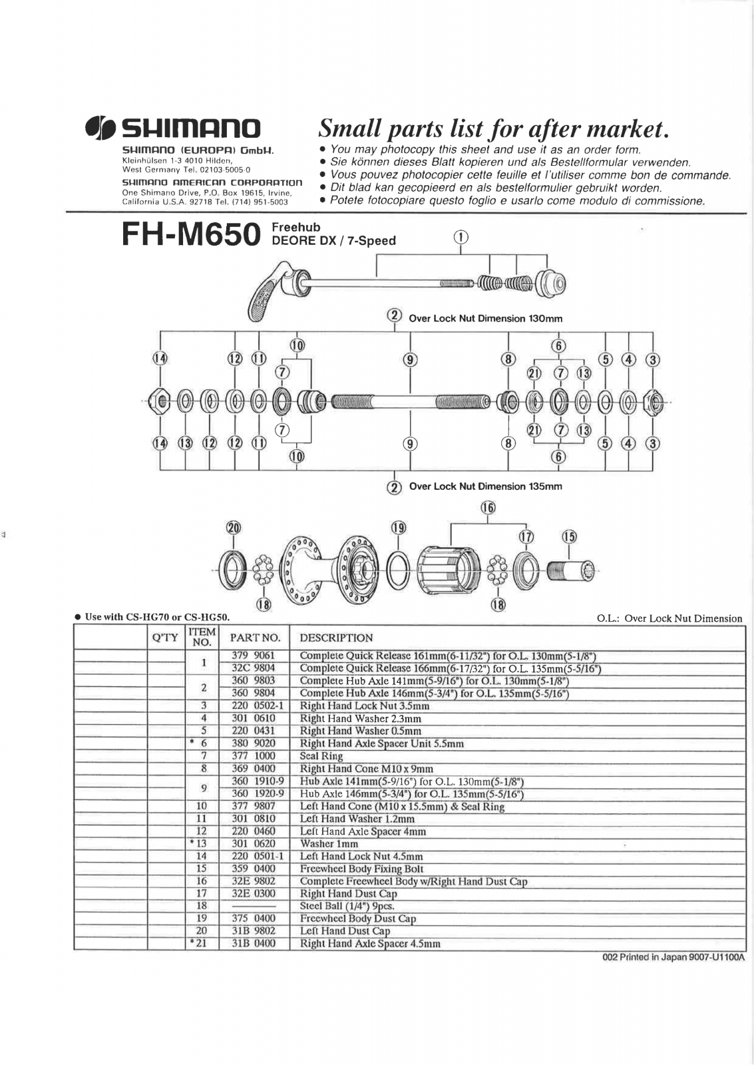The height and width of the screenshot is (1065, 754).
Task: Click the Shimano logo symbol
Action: [102, 128]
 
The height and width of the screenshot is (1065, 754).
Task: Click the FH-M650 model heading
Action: [190, 234]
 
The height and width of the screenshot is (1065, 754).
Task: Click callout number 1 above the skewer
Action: [461, 237]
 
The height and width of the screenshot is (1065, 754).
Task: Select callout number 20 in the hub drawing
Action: [233, 528]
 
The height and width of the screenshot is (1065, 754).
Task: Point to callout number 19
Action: [398, 528]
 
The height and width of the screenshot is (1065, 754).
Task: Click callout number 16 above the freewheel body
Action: [488, 508]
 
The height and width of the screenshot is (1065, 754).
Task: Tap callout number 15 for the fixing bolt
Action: [569, 536]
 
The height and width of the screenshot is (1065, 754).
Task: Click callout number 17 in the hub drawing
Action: [526, 536]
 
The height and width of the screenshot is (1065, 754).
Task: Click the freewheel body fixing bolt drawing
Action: [571, 570]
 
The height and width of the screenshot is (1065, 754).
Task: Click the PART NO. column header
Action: [255, 638]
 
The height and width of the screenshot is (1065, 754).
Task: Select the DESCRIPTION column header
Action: [336, 638]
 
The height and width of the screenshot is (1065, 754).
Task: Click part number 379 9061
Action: [253, 656]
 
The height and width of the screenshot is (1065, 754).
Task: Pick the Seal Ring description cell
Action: [321, 756]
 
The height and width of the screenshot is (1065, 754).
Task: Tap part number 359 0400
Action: [253, 869]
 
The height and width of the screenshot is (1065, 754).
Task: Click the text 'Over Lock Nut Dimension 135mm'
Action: [485, 487]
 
